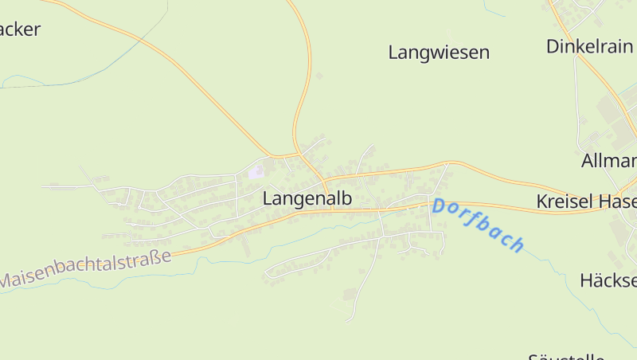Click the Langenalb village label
click(307, 198)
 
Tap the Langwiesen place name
click(439, 53)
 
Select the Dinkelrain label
click(590, 46)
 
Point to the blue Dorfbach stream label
click(478, 225)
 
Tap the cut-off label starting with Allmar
click(608, 160)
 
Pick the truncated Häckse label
click(608, 280)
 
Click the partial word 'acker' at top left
click(20, 30)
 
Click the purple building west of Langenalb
click(255, 171)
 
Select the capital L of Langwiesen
click(393, 53)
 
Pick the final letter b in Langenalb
click(346, 198)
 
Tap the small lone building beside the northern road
click(319, 76)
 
